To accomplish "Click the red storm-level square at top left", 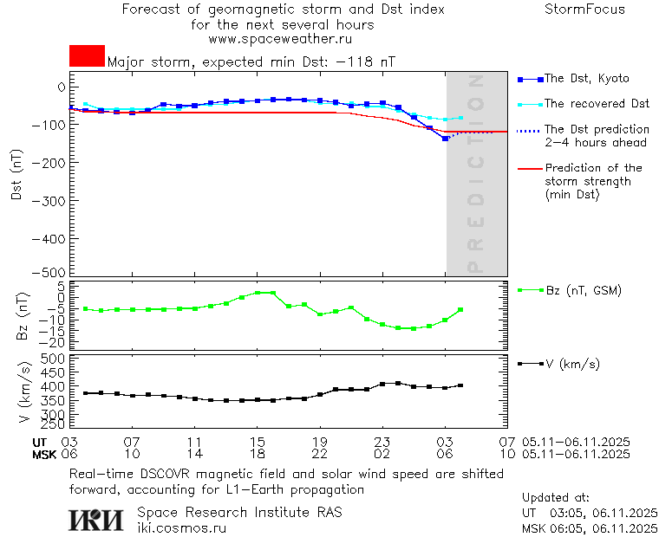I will pyautogui.click(x=87, y=55).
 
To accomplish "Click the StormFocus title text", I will pyautogui.click(x=584, y=10).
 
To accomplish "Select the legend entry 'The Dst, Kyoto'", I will pyautogui.click(x=586, y=79).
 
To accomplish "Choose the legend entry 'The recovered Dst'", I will pyautogui.click(x=597, y=104).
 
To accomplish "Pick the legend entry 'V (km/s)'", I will pyautogui.click(x=572, y=364).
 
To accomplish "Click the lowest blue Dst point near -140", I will pyautogui.click(x=445, y=139).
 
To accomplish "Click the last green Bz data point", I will pyautogui.click(x=460, y=309).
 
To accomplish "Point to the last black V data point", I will pyautogui.click(x=460, y=385).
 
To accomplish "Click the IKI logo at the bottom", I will pyautogui.click(x=97, y=520).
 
